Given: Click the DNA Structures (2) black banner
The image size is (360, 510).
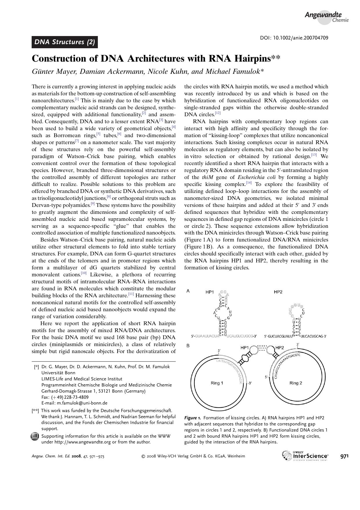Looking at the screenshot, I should [64, 42].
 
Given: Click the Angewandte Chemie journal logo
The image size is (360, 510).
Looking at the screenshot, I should [326, 17].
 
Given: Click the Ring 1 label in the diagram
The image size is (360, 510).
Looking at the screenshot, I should [217, 383].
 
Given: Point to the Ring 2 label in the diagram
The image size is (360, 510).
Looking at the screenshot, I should [296, 383].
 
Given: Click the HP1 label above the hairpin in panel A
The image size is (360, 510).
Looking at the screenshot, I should [210, 292].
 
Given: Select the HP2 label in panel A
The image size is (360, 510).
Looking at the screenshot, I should [278, 292].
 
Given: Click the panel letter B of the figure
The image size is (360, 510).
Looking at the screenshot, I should [188, 346].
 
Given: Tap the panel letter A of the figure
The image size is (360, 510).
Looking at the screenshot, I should [188, 291].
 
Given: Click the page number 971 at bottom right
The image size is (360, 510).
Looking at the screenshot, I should [344, 456].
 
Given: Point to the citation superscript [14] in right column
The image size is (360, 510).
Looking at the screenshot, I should [249, 183].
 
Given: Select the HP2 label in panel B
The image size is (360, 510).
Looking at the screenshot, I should [279, 348].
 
